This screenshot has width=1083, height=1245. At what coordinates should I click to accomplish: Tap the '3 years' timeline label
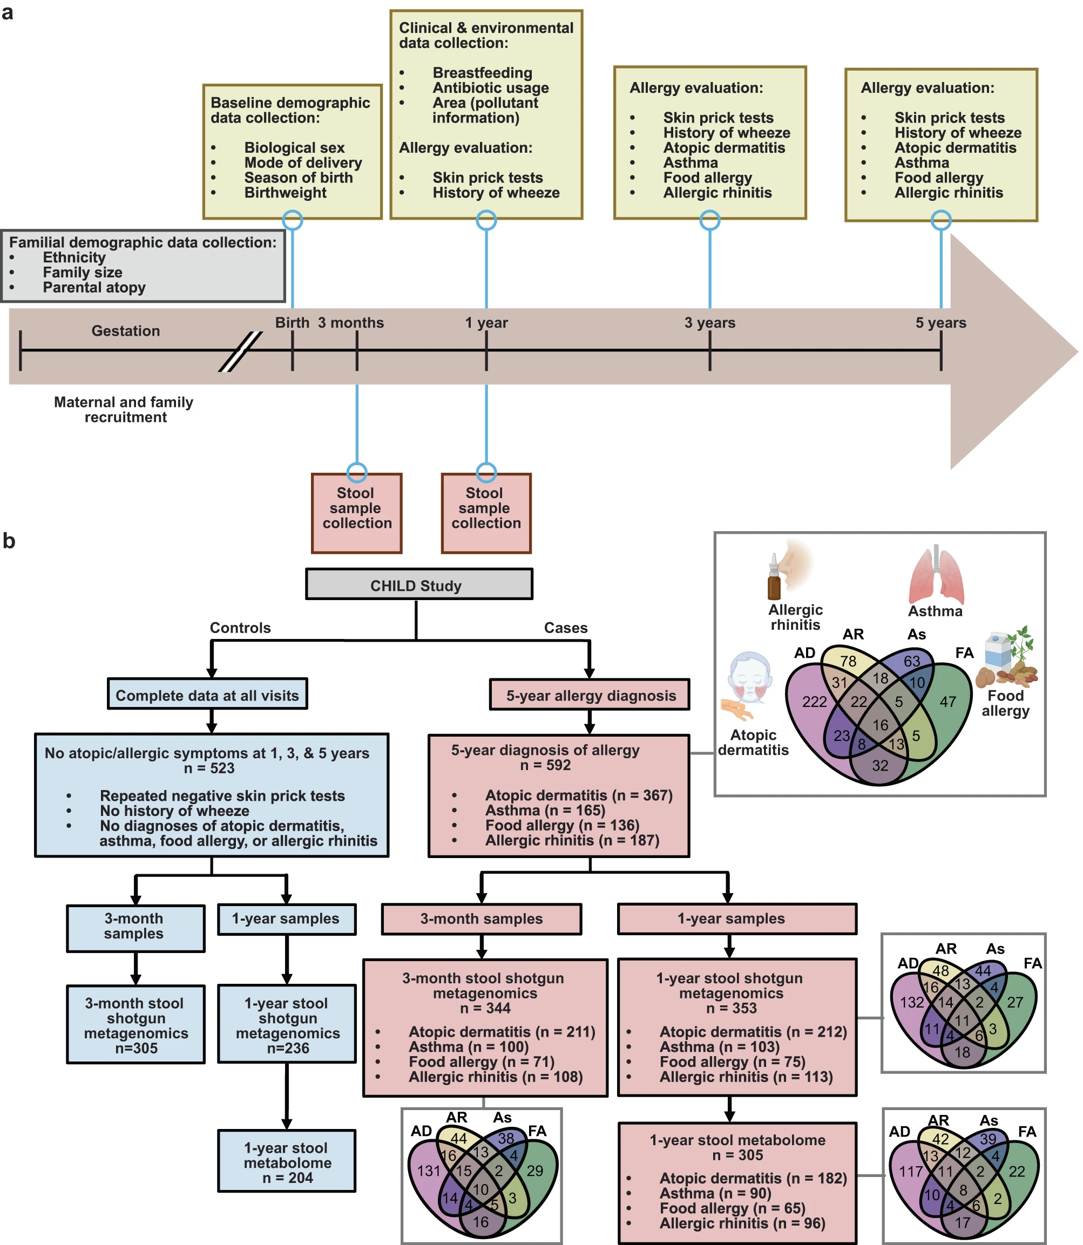point(709,323)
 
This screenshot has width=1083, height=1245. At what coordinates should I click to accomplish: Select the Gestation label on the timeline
point(126,330)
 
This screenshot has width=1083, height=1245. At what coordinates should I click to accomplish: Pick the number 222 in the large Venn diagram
point(814,702)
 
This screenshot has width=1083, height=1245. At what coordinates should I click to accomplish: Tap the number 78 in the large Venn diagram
point(848,662)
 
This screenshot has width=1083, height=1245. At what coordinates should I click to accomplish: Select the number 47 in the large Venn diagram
point(947,702)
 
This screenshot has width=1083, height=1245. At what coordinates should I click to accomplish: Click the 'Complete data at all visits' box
point(207,695)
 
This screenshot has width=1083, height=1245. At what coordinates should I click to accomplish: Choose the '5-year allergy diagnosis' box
point(590,695)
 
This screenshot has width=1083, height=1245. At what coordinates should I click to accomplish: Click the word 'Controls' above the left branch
point(240,628)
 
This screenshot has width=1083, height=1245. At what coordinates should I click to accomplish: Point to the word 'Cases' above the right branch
point(566,628)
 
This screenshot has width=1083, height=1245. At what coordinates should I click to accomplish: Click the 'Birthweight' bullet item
point(285,193)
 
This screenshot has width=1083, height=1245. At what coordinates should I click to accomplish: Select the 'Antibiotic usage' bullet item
point(490,87)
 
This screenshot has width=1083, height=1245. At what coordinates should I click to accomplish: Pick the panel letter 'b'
point(9,541)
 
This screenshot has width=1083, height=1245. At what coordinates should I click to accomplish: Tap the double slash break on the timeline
point(241,351)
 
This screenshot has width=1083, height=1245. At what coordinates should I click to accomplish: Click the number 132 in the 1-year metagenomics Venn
point(911,1003)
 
